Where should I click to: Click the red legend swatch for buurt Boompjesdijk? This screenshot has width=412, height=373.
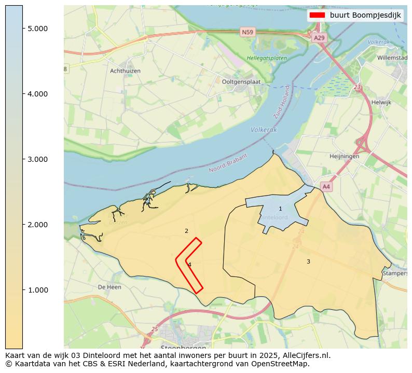(317, 15)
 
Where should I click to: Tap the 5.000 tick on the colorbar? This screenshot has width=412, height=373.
(38, 28)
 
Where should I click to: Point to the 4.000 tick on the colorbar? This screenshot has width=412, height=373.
(38, 94)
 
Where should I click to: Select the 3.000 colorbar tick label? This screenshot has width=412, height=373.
(38, 159)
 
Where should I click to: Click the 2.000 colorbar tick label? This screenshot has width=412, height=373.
(38, 225)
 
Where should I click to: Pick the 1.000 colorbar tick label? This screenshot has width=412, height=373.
(38, 290)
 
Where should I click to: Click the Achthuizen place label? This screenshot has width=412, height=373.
(125, 71)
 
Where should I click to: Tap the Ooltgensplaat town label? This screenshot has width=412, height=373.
(241, 81)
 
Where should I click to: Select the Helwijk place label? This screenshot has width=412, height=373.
(381, 102)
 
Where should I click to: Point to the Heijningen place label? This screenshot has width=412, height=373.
(344, 156)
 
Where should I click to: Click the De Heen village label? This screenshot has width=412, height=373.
(109, 287)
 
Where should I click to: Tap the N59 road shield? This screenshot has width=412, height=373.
(248, 32)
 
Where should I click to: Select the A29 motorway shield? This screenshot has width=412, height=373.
(319, 38)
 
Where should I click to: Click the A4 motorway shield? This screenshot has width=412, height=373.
(326, 186)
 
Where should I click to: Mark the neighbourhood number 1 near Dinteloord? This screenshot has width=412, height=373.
(280, 209)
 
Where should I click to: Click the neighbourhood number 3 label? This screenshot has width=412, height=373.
(308, 261)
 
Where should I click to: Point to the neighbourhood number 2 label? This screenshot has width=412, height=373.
(186, 231)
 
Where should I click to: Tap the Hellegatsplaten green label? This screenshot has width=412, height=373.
(267, 58)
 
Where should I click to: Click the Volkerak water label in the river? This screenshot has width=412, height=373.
(264, 130)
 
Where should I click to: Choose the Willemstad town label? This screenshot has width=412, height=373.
(392, 58)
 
